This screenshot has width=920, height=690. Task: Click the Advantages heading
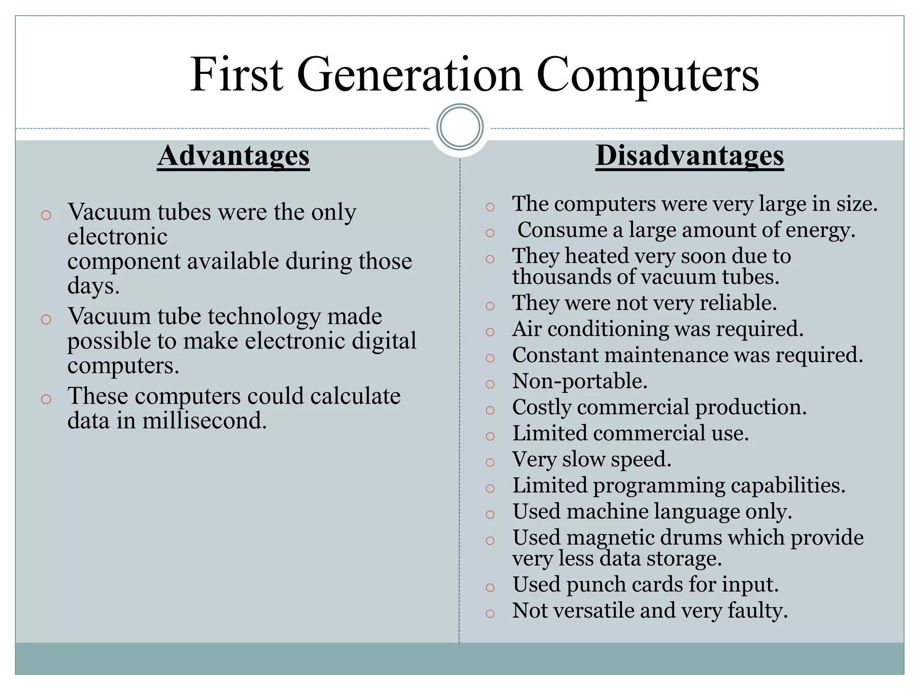tap(233, 156)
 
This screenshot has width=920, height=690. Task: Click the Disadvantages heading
tap(690, 156)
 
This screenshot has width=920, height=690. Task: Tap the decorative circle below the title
tap(460, 127)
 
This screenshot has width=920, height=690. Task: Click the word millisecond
tap(204, 421)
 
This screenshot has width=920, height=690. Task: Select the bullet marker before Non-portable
tap(490, 384)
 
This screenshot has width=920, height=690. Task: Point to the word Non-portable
tap(579, 381)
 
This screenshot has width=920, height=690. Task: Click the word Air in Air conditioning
tap(526, 328)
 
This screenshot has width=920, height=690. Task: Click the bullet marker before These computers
tap(46, 399)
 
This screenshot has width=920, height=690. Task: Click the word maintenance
tap(667, 355)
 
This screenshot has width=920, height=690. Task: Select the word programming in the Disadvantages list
tap(659, 486)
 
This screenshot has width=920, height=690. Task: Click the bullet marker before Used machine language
tap(490, 514)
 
